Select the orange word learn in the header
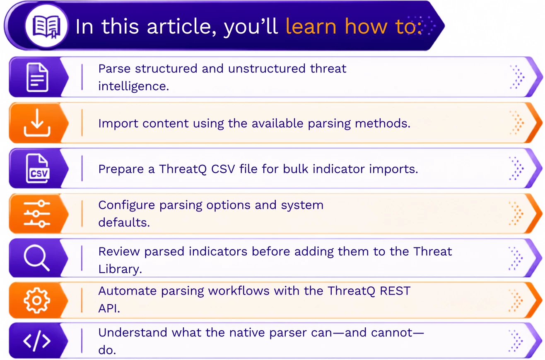[311, 26]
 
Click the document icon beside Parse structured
[37, 77]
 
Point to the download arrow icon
[37, 122]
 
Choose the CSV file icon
[38, 168]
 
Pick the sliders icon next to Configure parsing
[37, 214]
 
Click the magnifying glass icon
[37, 258]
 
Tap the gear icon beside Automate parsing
[37, 300]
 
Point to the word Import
[118, 123]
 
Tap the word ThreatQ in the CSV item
[183, 169]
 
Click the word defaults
[124, 222]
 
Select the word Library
[120, 269]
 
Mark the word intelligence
[134, 86]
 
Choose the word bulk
[296, 168]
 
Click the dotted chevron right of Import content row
[517, 122]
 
